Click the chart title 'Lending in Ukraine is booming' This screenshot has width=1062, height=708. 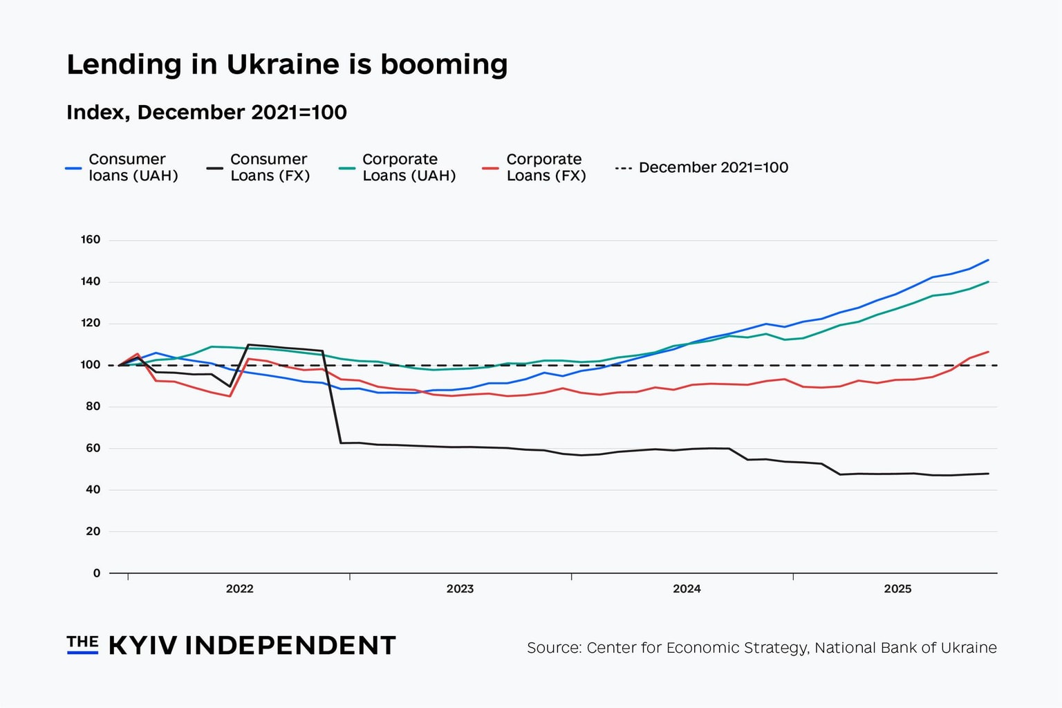[x=287, y=64]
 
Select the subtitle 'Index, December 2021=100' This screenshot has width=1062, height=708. [x=206, y=112]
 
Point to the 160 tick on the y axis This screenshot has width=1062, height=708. [x=91, y=240]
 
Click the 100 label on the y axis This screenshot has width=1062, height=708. [x=91, y=365]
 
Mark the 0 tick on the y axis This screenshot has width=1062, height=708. [x=97, y=573]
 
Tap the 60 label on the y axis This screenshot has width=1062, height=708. [x=93, y=448]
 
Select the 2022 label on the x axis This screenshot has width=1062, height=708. [x=239, y=589]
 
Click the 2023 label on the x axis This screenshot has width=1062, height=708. [x=460, y=589]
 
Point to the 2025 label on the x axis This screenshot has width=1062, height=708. [x=897, y=589]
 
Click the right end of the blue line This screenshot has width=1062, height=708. [x=988, y=260]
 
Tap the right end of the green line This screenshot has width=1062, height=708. [x=988, y=281]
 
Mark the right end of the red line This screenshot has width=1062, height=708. [x=988, y=352]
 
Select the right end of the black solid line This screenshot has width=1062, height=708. [x=988, y=474]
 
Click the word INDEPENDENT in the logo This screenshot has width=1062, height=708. [x=290, y=646]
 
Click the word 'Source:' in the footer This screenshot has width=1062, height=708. [x=554, y=648]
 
